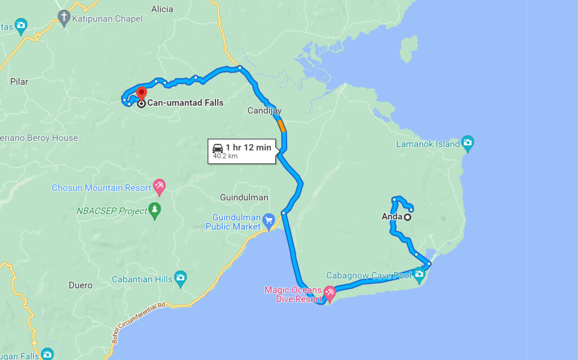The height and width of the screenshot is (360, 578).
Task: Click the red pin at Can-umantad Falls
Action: (141, 93)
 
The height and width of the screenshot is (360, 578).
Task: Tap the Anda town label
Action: (391, 217)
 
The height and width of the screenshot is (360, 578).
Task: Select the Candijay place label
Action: (264, 110)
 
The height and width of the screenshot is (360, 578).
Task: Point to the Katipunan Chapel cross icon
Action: (64, 18)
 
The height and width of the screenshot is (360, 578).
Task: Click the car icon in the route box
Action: (218, 148)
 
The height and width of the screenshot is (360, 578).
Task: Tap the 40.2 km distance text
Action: (225, 156)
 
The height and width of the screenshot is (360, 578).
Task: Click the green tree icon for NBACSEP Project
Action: (154, 210)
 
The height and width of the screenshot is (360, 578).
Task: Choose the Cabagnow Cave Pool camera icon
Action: (419, 275)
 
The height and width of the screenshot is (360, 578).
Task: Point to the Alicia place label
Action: (162, 9)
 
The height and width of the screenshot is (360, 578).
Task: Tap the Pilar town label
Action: (19, 82)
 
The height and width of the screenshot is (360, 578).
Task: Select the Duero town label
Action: (80, 285)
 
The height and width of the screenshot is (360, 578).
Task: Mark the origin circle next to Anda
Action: (407, 217)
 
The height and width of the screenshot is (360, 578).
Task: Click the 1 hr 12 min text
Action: (248, 148)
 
